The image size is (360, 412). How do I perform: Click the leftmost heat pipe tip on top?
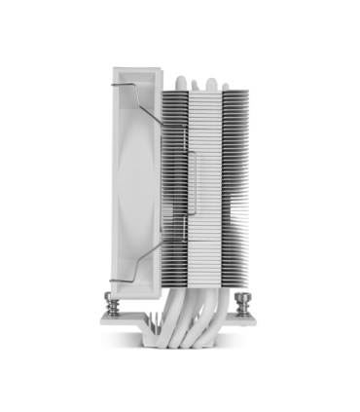click(180, 77)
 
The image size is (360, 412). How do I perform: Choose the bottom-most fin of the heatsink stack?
click(199, 275)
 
